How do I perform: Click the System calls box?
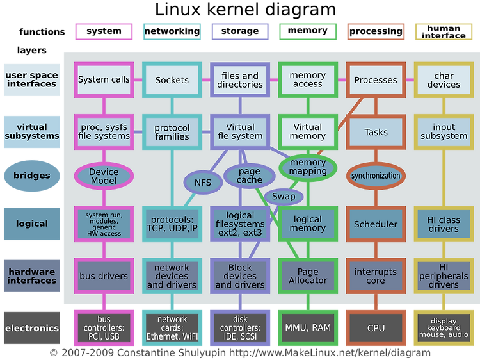point(104,80)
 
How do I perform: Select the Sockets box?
point(172,80)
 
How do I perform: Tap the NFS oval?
point(203,183)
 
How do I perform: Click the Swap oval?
point(284,197)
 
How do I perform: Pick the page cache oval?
point(250,176)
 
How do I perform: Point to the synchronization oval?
point(376,176)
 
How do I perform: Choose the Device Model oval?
point(104,176)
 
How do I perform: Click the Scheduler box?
point(376,224)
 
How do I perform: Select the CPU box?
point(376,328)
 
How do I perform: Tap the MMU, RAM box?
point(308,328)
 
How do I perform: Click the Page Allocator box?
point(308,275)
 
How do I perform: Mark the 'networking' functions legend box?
point(172,31)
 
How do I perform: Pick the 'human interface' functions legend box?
point(444,31)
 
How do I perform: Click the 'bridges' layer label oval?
point(32,176)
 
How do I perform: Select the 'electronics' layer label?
point(32,328)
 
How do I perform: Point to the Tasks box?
point(376,132)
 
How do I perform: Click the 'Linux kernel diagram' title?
point(245,10)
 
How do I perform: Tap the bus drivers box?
point(104,275)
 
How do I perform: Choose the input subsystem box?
point(444,132)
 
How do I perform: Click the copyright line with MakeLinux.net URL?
point(240,353)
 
